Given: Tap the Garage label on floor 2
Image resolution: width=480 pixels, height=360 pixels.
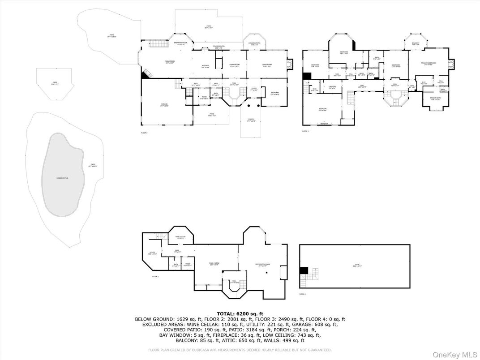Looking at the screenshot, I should [x=164, y=105].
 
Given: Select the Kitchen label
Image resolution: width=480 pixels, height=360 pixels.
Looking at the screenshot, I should [x=205, y=65].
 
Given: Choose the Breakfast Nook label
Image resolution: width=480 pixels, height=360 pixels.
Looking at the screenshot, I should [x=180, y=43].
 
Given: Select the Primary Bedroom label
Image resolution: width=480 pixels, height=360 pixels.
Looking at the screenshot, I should [x=429, y=64].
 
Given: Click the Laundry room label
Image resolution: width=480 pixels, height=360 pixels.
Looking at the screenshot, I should [x=332, y=87].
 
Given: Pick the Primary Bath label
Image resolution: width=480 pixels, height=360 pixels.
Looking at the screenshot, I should [x=436, y=99].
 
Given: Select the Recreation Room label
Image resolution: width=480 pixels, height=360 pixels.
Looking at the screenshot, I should [x=262, y=265].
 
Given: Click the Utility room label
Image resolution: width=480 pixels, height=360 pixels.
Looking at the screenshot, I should [x=152, y=253].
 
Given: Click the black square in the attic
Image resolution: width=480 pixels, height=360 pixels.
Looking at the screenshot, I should [x=304, y=270].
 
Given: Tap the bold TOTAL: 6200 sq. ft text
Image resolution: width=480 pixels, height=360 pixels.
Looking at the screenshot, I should [x=240, y=313].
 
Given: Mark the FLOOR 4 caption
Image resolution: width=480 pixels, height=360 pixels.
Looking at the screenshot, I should [x=303, y=294].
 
